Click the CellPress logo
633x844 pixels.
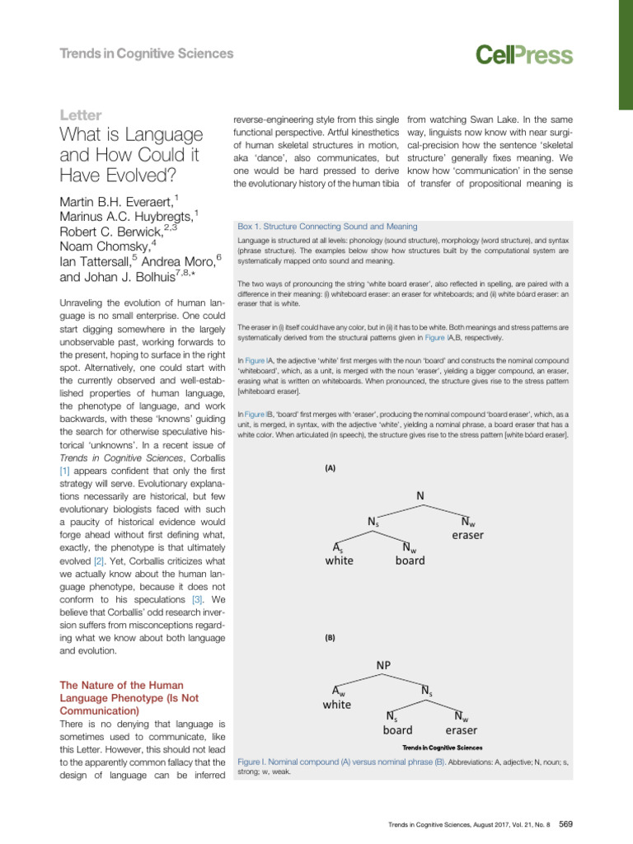523,54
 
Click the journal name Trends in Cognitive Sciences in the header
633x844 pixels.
147,54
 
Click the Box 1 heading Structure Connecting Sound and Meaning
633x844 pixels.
326,226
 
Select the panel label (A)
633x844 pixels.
330,468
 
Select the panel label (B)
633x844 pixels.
330,637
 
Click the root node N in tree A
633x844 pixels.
420,495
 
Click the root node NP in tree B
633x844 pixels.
384,664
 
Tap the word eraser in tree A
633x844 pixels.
467,535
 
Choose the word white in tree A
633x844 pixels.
339,560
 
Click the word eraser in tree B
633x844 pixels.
461,729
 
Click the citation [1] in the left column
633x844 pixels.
63,470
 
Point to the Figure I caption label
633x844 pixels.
253,763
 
